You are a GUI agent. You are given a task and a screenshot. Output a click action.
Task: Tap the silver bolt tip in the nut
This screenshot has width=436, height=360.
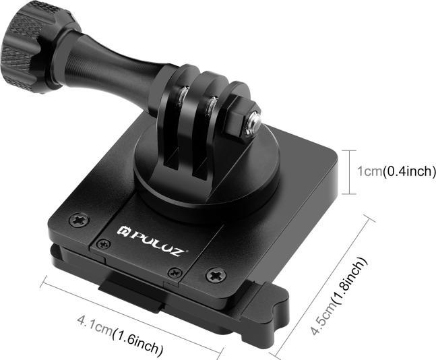[x=255, y=122]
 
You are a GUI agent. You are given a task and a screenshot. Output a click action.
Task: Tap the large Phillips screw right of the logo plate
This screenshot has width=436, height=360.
[x=216, y=275]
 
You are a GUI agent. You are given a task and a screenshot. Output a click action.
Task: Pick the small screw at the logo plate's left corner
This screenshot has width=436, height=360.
[x=102, y=243]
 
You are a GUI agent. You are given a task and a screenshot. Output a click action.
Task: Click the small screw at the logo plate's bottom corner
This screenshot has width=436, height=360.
[x=175, y=272]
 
